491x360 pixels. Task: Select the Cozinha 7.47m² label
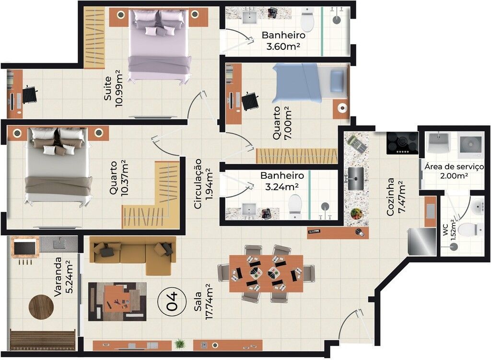[396, 197]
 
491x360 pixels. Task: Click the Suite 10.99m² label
[113, 88]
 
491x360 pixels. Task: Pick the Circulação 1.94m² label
[203, 184]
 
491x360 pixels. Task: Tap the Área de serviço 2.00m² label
[454, 171]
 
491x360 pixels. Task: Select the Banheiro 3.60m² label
[283, 41]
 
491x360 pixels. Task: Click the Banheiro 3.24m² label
[282, 181]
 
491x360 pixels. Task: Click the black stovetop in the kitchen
[402, 143]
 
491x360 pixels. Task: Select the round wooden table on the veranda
[41, 307]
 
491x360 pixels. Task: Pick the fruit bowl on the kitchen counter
[356, 213]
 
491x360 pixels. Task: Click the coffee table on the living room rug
[117, 301]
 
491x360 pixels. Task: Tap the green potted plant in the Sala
[180, 344]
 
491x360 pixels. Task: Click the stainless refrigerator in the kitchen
[422, 241]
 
